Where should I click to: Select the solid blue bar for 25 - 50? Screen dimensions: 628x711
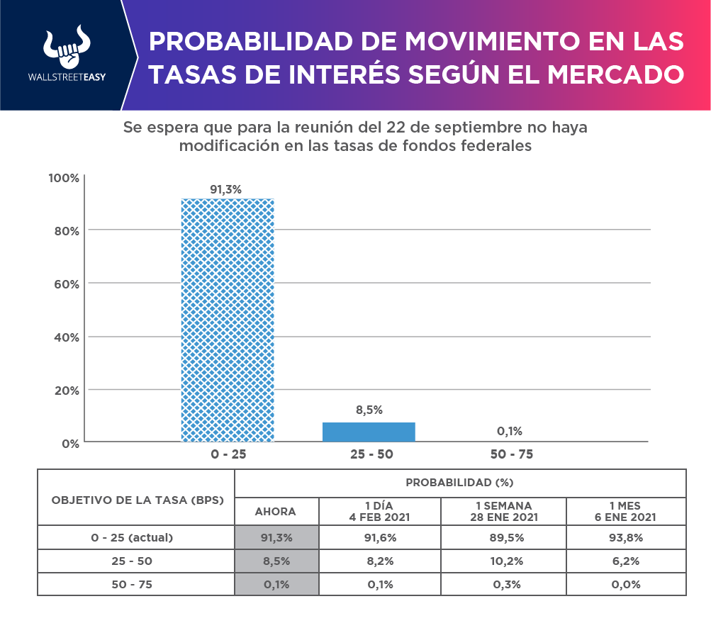(369, 432)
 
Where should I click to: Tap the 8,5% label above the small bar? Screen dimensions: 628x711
(369, 410)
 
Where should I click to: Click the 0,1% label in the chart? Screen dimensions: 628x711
(510, 431)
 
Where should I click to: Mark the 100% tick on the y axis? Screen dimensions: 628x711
(63, 177)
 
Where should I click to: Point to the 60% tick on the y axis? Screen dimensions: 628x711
(65, 284)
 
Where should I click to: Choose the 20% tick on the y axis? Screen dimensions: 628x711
(65, 390)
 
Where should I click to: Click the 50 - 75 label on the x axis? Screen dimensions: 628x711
(511, 454)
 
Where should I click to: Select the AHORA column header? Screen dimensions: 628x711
(276, 511)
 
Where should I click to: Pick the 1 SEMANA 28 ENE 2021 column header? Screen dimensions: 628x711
(503, 511)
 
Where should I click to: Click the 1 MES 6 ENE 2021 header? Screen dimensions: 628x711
(625, 511)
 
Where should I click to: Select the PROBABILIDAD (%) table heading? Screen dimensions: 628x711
(459, 483)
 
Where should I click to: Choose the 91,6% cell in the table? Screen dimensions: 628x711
(380, 537)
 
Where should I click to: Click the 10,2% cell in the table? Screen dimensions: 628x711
(503, 561)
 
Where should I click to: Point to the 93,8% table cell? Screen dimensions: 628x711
(625, 537)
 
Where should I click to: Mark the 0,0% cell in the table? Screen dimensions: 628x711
(625, 584)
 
